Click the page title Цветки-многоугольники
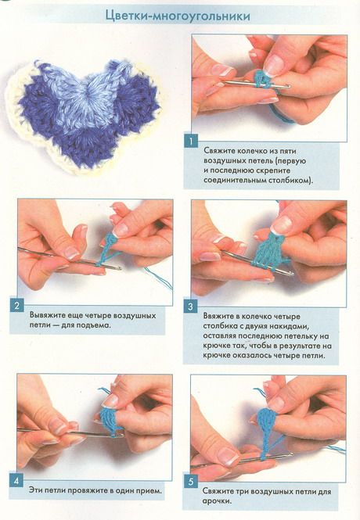pos(178,16)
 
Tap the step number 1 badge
pos(191,141)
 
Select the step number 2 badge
pos(17,306)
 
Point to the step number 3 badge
pos(190,307)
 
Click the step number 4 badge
pos(16,481)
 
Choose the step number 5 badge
pos(190,482)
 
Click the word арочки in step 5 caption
pos(217,501)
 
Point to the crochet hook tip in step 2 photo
pos(119,268)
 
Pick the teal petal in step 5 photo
pos(265,421)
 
